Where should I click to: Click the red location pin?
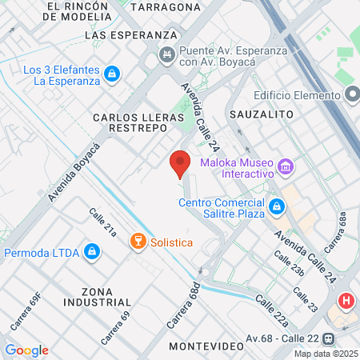click(x=180, y=162)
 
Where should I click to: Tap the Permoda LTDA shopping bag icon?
click(x=93, y=253)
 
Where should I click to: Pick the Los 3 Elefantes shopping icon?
click(x=112, y=74)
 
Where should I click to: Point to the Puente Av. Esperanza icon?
click(x=167, y=54)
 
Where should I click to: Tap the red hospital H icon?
click(x=346, y=302)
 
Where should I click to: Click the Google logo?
click(x=26, y=350)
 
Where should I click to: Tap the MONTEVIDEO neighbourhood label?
click(x=206, y=346)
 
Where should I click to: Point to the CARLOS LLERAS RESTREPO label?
click(x=135, y=123)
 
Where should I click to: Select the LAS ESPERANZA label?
click(x=130, y=35)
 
